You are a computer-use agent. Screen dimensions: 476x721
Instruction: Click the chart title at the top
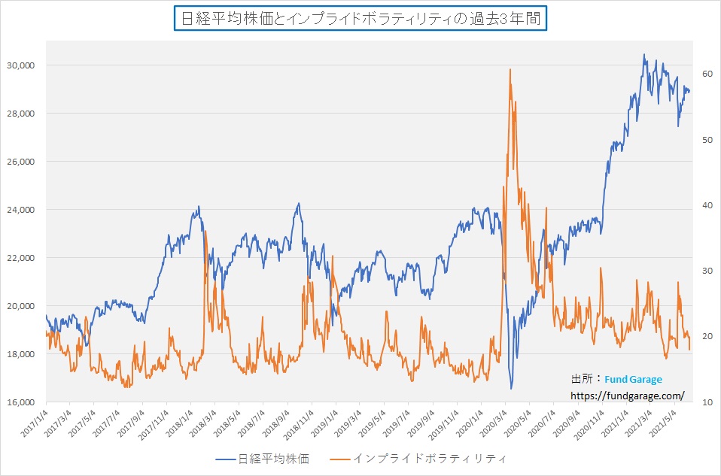pyautogui.click(x=360, y=19)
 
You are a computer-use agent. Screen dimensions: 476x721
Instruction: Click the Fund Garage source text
pyautogui.click(x=631, y=380)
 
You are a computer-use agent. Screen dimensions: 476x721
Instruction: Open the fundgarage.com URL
pyautogui.click(x=627, y=395)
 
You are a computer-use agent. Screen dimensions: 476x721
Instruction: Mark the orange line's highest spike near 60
pyautogui.click(x=510, y=70)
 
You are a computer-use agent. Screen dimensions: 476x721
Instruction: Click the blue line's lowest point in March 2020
pyautogui.click(x=511, y=388)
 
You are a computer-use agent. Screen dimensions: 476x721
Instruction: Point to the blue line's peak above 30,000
pyautogui.click(x=644, y=55)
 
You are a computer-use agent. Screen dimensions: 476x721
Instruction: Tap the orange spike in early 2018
pyautogui.click(x=205, y=232)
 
